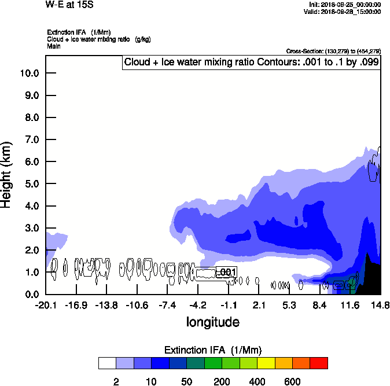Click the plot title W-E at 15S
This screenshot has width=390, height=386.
click(69, 5)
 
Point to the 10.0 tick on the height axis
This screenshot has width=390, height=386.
click(30, 73)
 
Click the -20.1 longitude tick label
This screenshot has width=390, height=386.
click(46, 306)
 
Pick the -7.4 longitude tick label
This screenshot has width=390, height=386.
click(167, 306)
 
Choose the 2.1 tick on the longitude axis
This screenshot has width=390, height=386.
click(259, 306)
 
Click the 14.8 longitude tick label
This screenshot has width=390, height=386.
click(380, 306)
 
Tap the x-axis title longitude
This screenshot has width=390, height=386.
click(212, 322)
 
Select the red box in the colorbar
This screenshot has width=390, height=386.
click(319, 363)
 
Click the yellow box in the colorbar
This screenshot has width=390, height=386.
click(266, 363)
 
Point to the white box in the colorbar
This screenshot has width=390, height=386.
click(106, 363)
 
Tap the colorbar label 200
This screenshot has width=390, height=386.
click(222, 381)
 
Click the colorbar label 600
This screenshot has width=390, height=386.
click(292, 381)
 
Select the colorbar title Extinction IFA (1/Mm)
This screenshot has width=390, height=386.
click(213, 350)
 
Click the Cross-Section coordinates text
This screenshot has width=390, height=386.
click(333, 51)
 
